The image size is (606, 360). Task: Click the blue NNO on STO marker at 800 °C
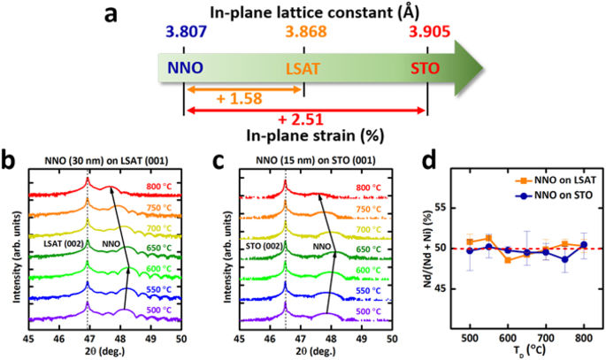[583, 245]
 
